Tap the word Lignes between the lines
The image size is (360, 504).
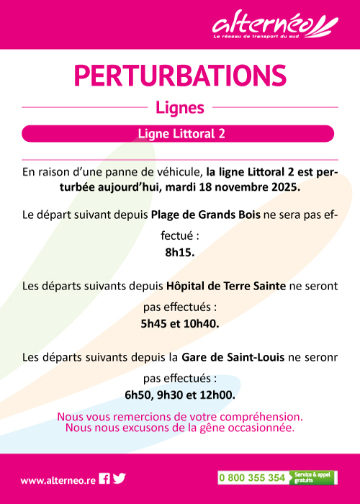180,108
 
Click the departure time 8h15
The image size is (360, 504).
180,253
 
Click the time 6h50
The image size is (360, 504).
138,395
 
